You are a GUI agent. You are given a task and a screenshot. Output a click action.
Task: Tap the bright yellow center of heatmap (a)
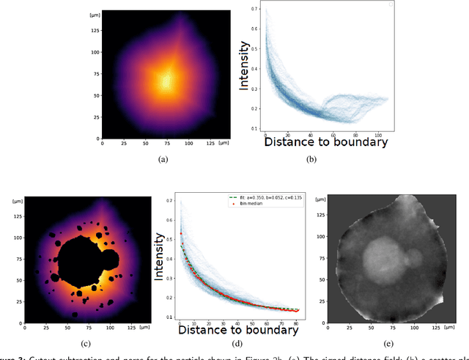click(166, 78)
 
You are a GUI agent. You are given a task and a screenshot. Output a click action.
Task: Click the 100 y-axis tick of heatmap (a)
click(95, 53)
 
